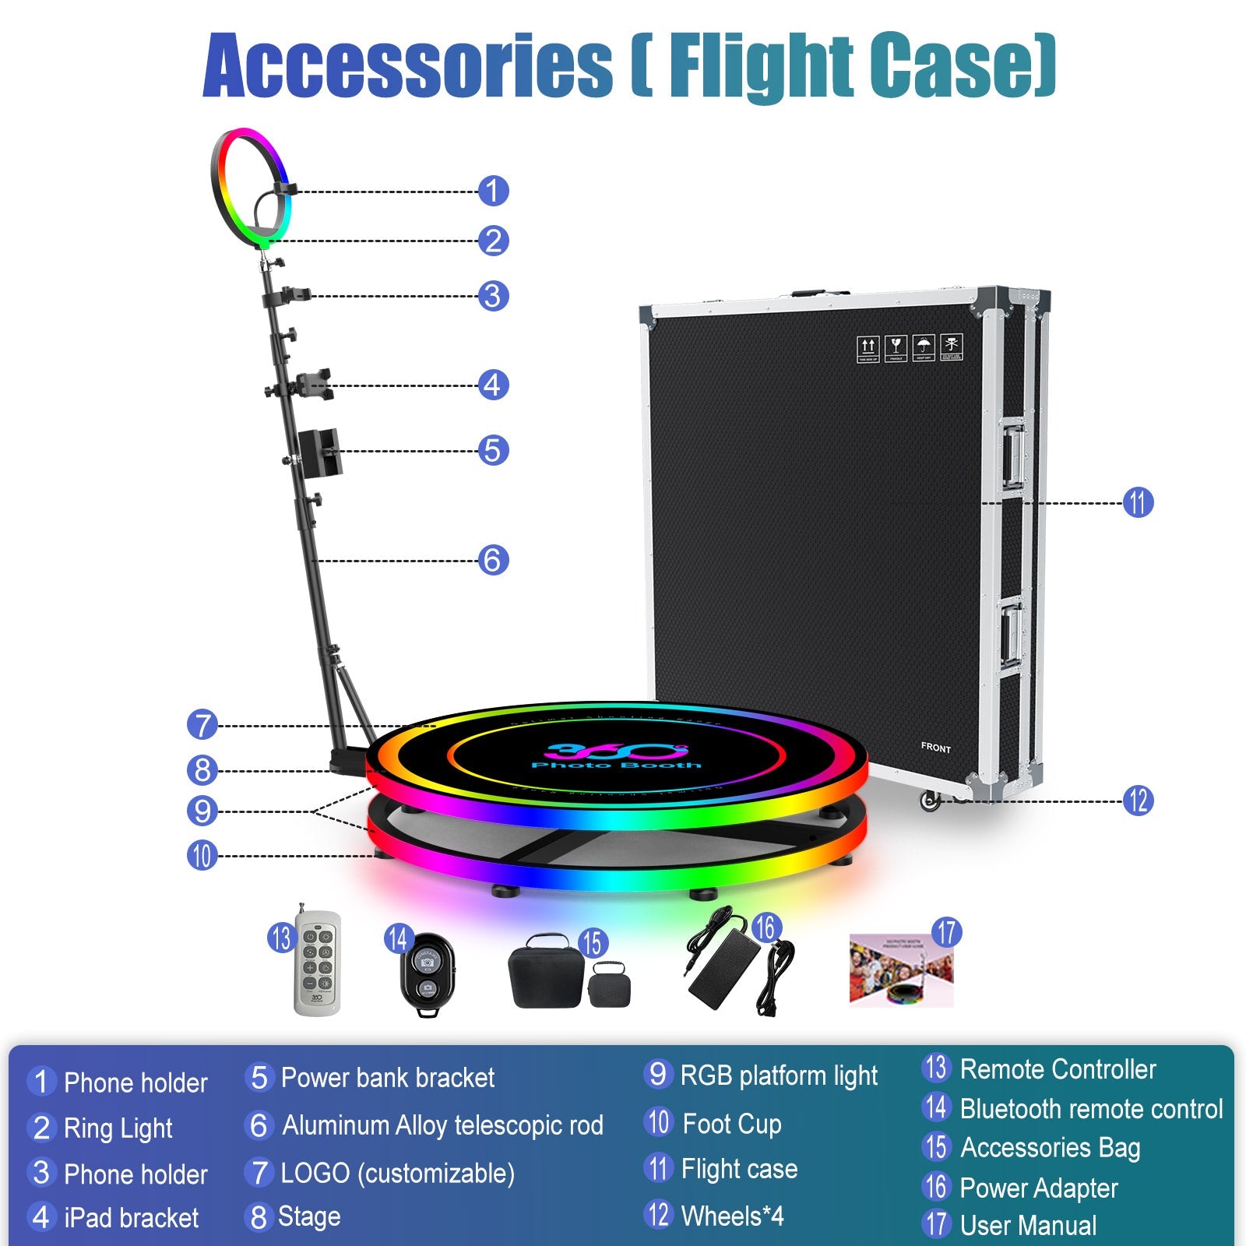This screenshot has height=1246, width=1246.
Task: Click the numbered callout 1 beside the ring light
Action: coord(493,191)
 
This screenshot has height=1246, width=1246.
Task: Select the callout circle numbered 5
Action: coord(493,450)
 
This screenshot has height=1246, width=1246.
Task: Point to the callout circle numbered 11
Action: coord(1138,502)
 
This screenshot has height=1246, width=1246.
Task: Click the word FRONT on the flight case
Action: coord(935,748)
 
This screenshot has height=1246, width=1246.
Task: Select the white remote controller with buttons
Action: coord(317,963)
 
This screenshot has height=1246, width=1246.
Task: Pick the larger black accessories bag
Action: coord(545,973)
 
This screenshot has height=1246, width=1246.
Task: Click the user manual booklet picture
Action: coord(901,972)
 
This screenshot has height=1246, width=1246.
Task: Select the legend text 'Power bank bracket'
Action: coord(387,1078)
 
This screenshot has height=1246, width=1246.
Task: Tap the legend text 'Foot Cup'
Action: coord(731,1124)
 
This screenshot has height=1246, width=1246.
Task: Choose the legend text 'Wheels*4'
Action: coord(732,1216)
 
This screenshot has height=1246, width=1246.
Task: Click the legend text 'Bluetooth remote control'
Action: coord(1091,1109)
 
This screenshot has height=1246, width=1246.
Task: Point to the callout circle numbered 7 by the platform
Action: coord(202,725)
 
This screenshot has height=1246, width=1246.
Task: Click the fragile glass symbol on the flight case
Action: coord(896,347)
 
